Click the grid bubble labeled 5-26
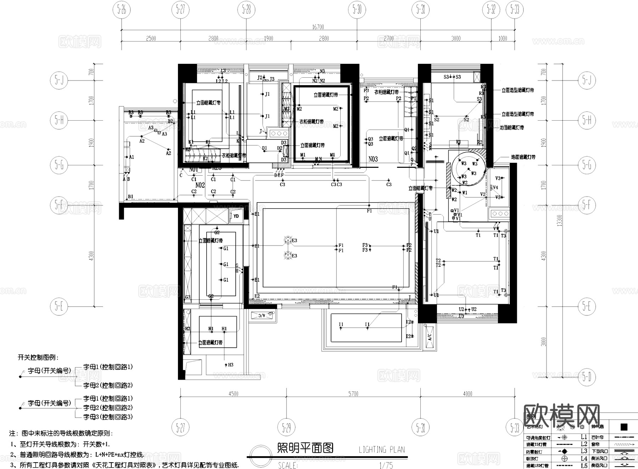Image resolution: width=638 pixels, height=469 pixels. click(122, 10)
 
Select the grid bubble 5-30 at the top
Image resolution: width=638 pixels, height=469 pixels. click(357, 10)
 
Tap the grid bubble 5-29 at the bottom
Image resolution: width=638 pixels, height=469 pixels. click(286, 428)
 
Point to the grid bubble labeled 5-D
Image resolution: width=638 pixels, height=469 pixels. click(587, 377)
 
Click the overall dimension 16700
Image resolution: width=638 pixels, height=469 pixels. click(318, 27)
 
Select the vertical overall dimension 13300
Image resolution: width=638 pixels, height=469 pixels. click(559, 220)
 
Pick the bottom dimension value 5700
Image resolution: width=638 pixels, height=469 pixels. click(353, 394)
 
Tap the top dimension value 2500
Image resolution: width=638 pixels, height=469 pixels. click(151, 38)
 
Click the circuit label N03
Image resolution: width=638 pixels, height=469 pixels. click(373, 159)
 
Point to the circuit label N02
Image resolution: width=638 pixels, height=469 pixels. click(200, 185)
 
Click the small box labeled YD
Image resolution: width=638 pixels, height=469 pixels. click(236, 216)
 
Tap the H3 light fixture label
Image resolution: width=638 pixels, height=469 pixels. click(230, 365)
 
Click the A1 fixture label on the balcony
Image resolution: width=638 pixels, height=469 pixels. click(131, 157)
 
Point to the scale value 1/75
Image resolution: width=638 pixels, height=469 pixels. click(386, 465)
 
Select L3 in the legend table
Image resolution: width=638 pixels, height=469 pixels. click(584, 451)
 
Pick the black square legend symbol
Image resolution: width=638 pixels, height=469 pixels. click(624, 427)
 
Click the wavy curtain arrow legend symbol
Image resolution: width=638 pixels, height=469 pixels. click(624, 444)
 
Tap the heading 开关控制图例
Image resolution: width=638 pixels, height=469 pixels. click(38, 358)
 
